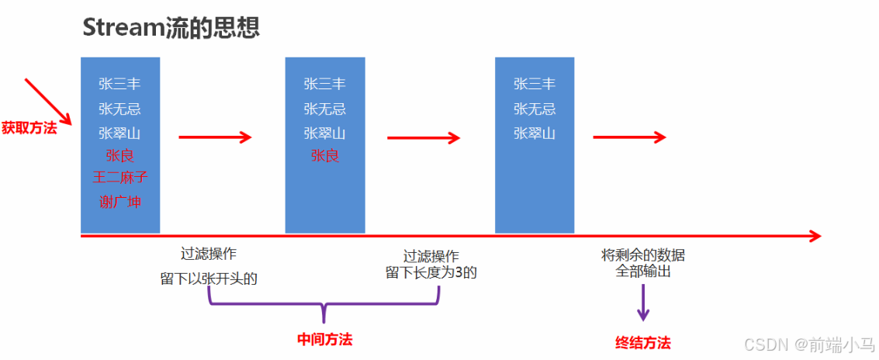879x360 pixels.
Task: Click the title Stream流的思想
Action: tap(171, 27)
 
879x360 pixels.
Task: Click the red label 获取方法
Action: tap(29, 127)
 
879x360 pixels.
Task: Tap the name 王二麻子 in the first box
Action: tap(120, 178)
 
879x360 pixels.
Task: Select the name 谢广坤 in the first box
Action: tap(120, 202)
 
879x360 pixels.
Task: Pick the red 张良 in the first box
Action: tap(120, 155)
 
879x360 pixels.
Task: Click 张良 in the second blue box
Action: tap(325, 155)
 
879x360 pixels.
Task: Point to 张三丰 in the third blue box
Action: tap(535, 84)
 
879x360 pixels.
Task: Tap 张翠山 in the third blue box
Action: tap(535, 133)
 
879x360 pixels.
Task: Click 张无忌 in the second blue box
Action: tap(325, 109)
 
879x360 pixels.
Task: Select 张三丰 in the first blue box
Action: tap(120, 84)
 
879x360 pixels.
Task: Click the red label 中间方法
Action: tap(325, 340)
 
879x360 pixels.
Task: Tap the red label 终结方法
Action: tap(642, 342)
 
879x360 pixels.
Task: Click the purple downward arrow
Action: tap(643, 303)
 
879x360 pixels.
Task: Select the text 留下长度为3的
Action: tap(431, 272)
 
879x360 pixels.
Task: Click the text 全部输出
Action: tap(643, 272)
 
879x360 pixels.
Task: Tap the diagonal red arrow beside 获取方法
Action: tap(48, 101)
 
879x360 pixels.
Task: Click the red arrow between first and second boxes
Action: tap(216, 137)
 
